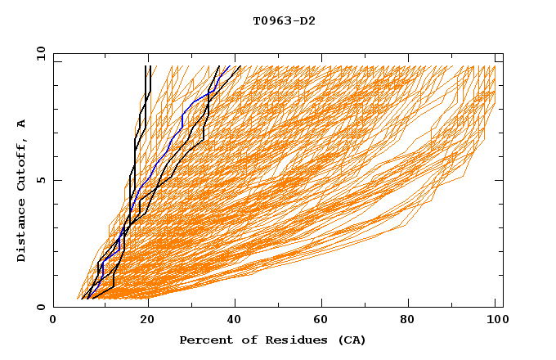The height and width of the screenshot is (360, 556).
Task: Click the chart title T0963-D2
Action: pos(284,20)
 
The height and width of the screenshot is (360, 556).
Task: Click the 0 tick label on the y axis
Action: pos(40,308)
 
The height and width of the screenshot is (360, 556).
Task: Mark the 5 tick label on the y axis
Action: pos(40,180)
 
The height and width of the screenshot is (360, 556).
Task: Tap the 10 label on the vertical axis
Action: pos(38,53)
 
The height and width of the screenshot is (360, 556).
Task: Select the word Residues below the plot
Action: pos(287,340)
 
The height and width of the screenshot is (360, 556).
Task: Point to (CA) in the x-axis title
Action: pos(351,340)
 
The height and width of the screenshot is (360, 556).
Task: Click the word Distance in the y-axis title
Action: pos(21,232)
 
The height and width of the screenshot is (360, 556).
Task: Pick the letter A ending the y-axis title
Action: pos(21,124)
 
